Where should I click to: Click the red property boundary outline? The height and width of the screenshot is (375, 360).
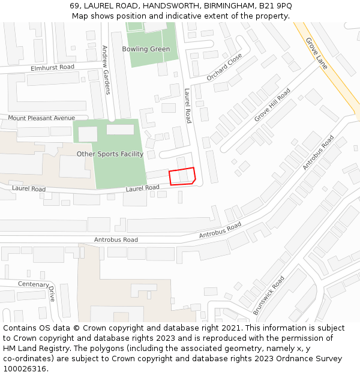pyautogui.click(x=182, y=176)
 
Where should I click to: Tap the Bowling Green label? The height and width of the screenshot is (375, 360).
pyautogui.click(x=146, y=49)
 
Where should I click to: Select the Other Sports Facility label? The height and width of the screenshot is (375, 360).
pyautogui.click(x=110, y=154)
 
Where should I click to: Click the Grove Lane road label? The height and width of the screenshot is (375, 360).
pyautogui.click(x=316, y=53)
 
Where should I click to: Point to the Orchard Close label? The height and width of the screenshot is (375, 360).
pyautogui.click(x=224, y=67)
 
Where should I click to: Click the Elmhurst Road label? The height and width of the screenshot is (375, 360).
pyautogui.click(x=52, y=68)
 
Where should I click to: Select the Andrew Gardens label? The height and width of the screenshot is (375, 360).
pyautogui.click(x=106, y=70)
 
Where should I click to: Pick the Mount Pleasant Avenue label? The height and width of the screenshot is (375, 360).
pyautogui.click(x=41, y=118)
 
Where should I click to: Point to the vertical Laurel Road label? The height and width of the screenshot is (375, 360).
pyautogui.click(x=188, y=106)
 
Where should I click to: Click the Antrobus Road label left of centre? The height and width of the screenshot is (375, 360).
pyautogui.click(x=116, y=239)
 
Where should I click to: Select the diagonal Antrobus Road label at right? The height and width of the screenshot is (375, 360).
pyautogui.click(x=318, y=152)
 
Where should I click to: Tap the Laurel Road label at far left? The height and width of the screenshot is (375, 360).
pyautogui.click(x=29, y=189)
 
